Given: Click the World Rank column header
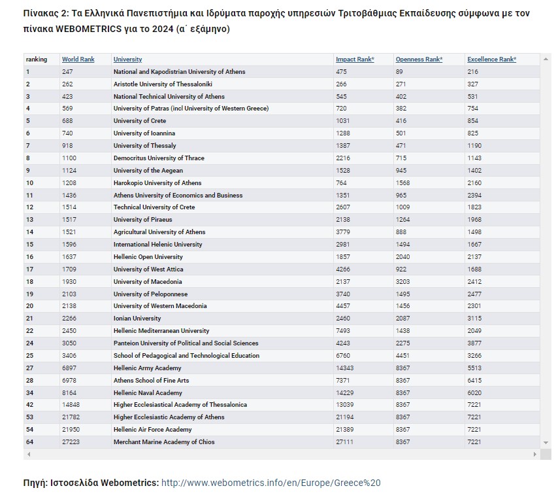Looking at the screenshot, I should (78, 60).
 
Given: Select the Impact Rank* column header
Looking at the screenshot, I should (355, 60).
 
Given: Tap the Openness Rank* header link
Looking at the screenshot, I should (419, 60).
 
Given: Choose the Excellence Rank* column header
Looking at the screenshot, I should (491, 60).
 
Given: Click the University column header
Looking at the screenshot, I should (127, 60).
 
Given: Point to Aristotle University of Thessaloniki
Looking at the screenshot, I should (163, 84).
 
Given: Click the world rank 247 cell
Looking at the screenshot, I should (67, 72).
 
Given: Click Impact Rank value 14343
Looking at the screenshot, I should (346, 368).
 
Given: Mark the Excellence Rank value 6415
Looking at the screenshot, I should (474, 381).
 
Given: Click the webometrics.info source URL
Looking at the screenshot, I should (270, 483).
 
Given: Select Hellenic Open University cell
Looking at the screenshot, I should (148, 257).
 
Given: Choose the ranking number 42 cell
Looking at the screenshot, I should (29, 405).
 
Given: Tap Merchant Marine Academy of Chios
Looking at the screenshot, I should (164, 442).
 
